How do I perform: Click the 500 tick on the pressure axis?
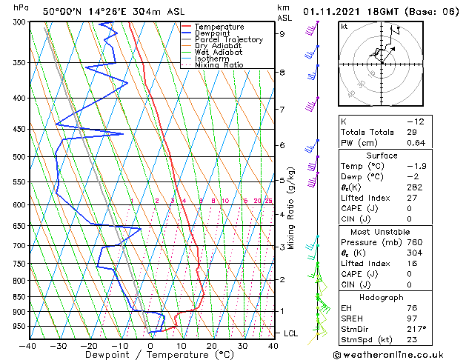tap(19, 157)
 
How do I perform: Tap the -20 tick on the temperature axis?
tap(89, 344)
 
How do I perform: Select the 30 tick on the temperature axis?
tap(242, 344)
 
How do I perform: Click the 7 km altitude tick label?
tap(282, 110)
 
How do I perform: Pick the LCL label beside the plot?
tap(291, 333)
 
